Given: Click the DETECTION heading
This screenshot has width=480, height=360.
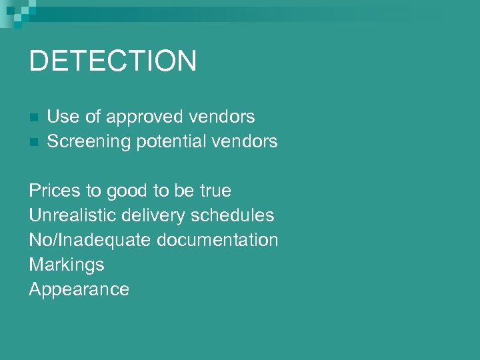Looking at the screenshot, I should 113,61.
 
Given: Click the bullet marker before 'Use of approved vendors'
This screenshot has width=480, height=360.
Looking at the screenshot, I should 34,117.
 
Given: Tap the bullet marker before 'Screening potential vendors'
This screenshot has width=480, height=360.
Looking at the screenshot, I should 34,142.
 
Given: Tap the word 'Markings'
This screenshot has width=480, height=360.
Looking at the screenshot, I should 67,265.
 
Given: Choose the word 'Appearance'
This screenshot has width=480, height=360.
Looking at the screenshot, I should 79,290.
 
